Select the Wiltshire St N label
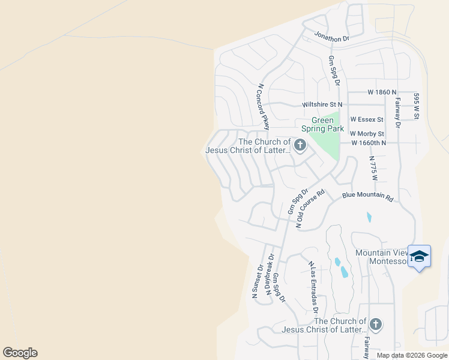(x=322, y=104)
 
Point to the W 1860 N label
(x=382, y=92)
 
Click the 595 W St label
(x=415, y=106)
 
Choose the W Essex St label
(x=367, y=119)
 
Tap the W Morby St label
(x=367, y=133)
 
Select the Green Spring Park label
(x=323, y=124)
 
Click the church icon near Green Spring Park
(x=300, y=145)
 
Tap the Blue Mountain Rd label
(x=367, y=197)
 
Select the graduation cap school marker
(x=419, y=256)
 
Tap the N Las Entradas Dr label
(x=313, y=287)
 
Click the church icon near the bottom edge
(x=376, y=325)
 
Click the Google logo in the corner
(x=20, y=353)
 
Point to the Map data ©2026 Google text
(x=412, y=355)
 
